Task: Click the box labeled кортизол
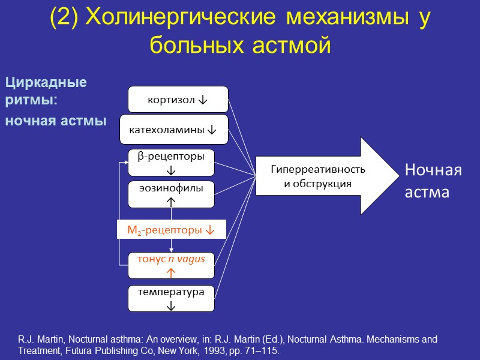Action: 178,100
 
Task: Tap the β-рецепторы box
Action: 171,162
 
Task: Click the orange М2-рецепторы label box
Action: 171,230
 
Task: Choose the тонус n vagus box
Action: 171,265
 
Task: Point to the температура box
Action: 171,298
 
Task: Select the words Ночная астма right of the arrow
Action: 433,181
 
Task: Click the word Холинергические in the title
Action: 179,19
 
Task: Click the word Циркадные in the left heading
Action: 46,82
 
